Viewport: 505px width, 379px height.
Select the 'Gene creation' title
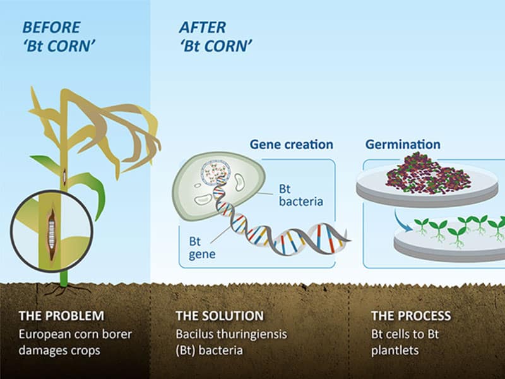(291, 145)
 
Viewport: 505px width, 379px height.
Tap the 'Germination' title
(403, 145)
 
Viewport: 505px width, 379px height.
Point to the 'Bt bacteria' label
(300, 195)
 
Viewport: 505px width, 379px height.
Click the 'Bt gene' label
(203, 248)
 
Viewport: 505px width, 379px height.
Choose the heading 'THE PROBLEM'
(61, 315)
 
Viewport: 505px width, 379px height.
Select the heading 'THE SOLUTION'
(218, 315)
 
